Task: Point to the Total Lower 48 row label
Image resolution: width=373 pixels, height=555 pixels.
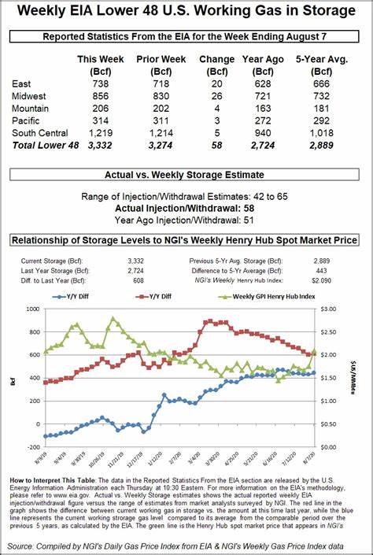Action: (x=45, y=146)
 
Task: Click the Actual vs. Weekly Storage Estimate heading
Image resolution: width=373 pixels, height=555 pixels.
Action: (x=186, y=175)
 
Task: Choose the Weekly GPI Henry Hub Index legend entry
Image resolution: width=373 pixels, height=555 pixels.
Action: (x=268, y=297)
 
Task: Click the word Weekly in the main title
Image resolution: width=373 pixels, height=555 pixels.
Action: (x=42, y=11)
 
